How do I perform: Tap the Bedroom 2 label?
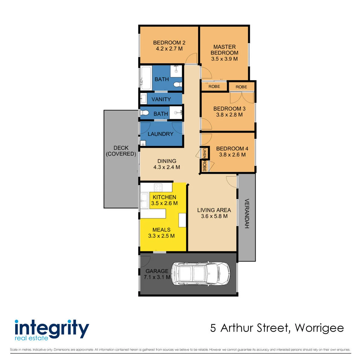pyautogui.click(x=169, y=43)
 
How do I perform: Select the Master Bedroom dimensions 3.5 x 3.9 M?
pyautogui.click(x=224, y=59)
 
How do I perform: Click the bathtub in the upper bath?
pyautogui.click(x=146, y=78)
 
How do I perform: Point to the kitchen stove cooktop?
pyautogui.click(x=158, y=187)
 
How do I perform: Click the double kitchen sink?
pyautogui.click(x=145, y=201)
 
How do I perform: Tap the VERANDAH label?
pyautogui.click(x=247, y=214)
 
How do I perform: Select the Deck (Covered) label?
pyautogui.click(x=121, y=151)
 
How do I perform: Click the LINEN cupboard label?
pyautogui.click(x=204, y=153)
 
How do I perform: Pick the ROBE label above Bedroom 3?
pyautogui.click(x=241, y=87)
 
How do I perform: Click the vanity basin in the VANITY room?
pyautogui.click(x=143, y=98)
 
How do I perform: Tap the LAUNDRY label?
pyautogui.click(x=161, y=134)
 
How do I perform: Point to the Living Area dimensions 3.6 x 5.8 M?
pyautogui.click(x=214, y=216)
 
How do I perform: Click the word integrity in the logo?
pyautogui.click(x=52, y=329)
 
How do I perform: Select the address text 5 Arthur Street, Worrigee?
pyautogui.click(x=277, y=328)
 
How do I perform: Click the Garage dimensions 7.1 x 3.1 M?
pyautogui.click(x=157, y=277)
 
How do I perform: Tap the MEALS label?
pyautogui.click(x=162, y=230)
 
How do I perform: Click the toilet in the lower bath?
pyautogui.click(x=145, y=113)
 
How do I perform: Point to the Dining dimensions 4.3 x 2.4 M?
pyautogui.click(x=166, y=167)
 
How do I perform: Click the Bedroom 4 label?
pyautogui.click(x=232, y=148)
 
